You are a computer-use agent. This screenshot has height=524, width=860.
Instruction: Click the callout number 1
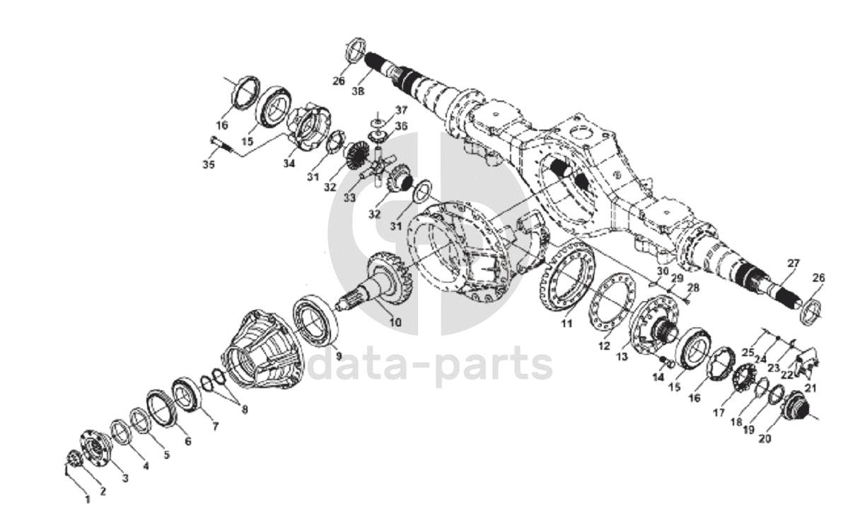click(88, 499)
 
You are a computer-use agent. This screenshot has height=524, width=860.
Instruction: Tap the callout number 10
click(394, 322)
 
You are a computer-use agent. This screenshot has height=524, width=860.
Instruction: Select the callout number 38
click(359, 91)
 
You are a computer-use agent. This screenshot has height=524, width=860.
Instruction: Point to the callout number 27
click(794, 263)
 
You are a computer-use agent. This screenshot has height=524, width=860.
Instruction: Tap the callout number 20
click(764, 438)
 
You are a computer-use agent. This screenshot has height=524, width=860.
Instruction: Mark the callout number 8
click(245, 409)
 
